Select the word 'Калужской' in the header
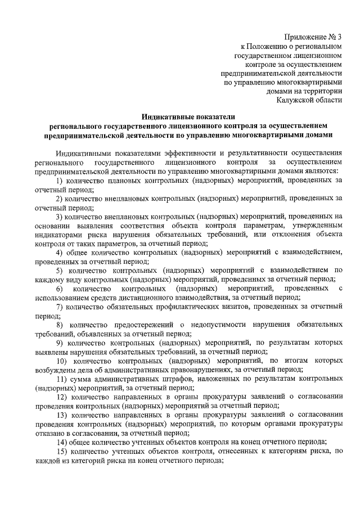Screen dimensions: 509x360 [x=304, y=100]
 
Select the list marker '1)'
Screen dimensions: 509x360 [x=60, y=180]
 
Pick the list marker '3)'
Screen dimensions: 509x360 [x=60, y=217]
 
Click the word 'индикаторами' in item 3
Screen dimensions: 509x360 [x=58, y=235]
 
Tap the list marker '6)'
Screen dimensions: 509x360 [x=60, y=289]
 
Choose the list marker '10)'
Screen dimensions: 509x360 [x=62, y=361]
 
